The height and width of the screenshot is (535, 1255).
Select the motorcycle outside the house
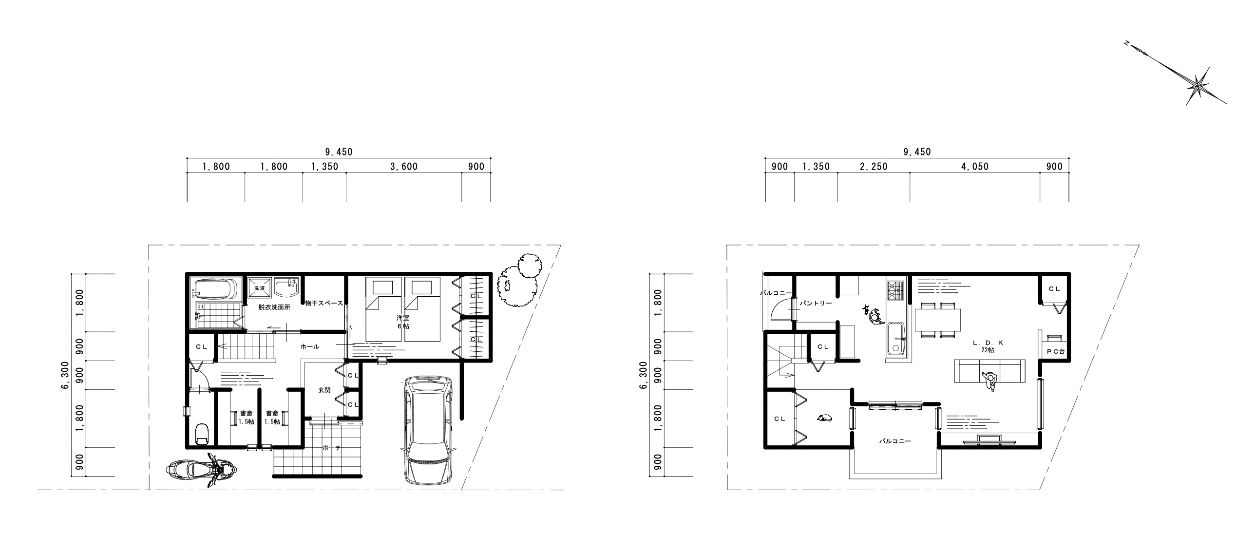click(x=201, y=470)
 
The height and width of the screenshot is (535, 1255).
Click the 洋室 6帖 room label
click(x=402, y=322)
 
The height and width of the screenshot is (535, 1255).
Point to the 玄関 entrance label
click(x=324, y=390)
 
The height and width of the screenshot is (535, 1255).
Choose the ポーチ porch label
click(x=331, y=448)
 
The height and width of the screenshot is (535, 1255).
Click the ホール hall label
click(x=310, y=346)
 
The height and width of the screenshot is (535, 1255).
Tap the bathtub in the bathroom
click(x=215, y=288)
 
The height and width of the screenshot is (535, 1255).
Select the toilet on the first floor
click(x=201, y=433)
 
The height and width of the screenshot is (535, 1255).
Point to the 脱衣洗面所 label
click(x=274, y=307)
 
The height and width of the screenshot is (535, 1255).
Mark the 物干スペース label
click(x=324, y=303)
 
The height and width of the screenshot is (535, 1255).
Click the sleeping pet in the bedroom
click(x=825, y=418)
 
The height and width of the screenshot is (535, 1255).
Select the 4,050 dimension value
click(x=975, y=167)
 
